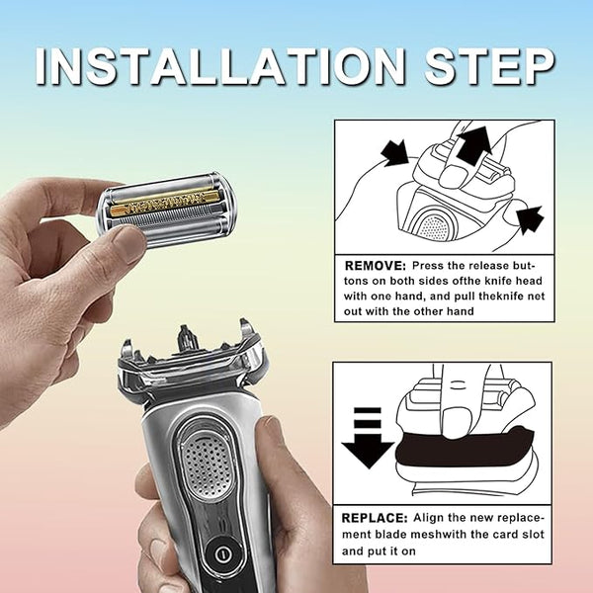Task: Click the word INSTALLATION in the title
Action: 223,66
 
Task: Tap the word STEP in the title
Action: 490,66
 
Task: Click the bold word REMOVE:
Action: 375,266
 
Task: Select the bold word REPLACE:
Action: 375,518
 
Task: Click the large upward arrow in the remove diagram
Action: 473,145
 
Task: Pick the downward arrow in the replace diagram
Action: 368,438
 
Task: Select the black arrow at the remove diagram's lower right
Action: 530,219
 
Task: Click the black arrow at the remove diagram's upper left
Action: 394,152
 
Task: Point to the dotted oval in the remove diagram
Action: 435,226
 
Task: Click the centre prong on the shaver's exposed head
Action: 185,336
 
